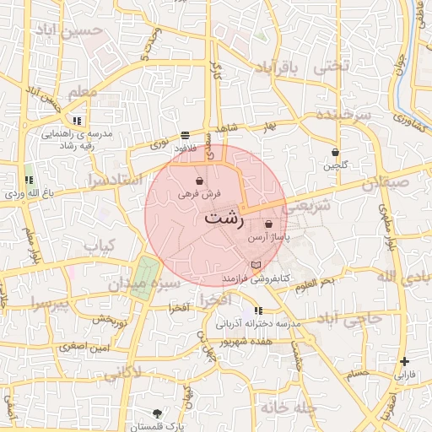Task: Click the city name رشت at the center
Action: [223, 219]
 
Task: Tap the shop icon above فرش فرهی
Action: [198, 181]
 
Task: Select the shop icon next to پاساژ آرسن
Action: [268, 225]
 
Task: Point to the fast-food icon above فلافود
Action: [185, 135]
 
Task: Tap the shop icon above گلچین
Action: [336, 153]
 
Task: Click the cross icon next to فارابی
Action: [405, 361]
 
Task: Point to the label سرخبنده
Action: [343, 115]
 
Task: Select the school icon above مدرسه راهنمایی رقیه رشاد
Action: [78, 121]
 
